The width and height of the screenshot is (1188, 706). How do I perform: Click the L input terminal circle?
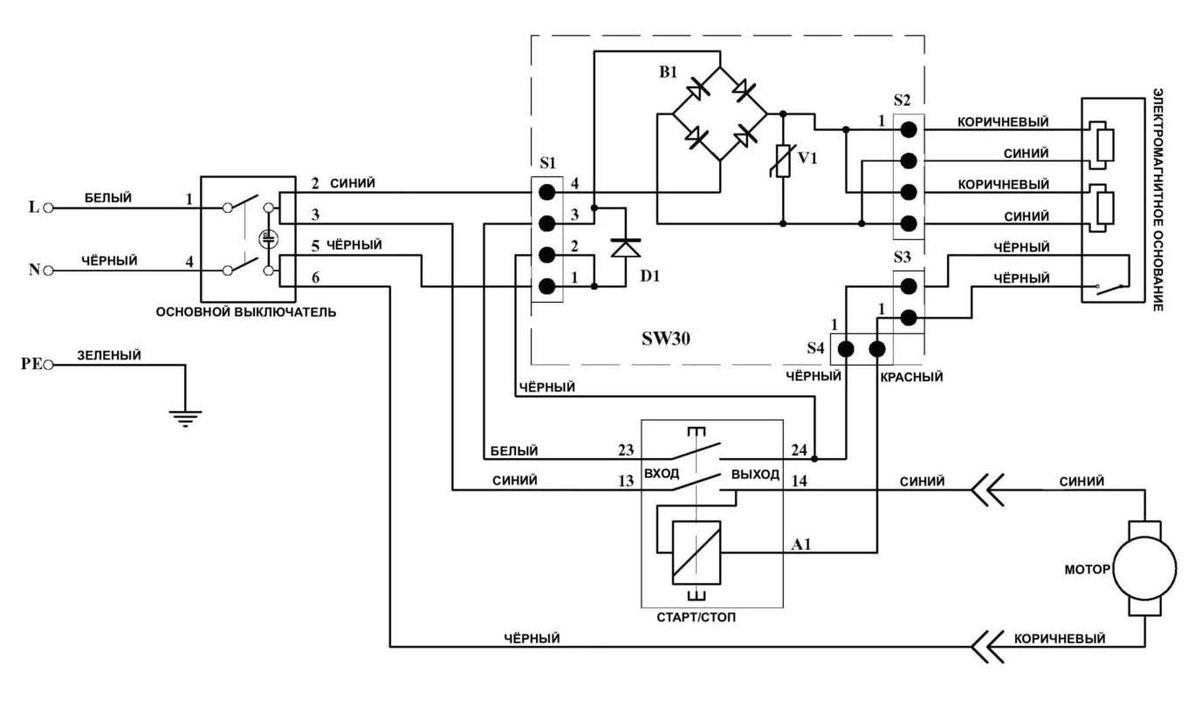click(x=49, y=209)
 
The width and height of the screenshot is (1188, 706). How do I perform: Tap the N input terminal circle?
click(x=49, y=271)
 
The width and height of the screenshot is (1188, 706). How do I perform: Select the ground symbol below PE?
click(x=185, y=417)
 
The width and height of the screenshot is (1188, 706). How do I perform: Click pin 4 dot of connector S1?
click(x=547, y=191)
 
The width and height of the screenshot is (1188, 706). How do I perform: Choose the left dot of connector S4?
click(x=846, y=351)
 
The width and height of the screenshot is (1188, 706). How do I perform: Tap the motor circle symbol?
click(x=1143, y=569)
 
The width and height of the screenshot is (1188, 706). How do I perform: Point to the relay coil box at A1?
click(x=697, y=552)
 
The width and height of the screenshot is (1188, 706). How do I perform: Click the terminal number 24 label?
click(x=800, y=450)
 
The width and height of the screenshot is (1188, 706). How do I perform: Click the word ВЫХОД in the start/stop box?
click(x=755, y=475)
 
